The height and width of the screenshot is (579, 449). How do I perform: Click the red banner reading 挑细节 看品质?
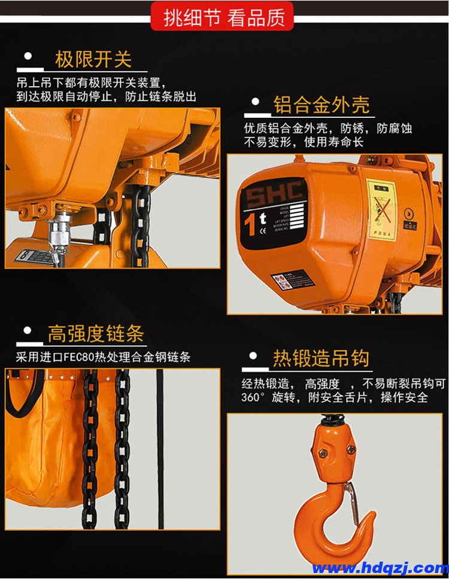pos(224,17)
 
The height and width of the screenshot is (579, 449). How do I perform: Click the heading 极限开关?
pos(93,59)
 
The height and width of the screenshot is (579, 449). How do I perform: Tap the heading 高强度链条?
pos(96,334)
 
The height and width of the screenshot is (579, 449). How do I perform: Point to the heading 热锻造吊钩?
pos(321,358)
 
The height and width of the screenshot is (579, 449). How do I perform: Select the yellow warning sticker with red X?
pos(381,206)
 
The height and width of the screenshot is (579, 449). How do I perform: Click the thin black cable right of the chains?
pos(160,449)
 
